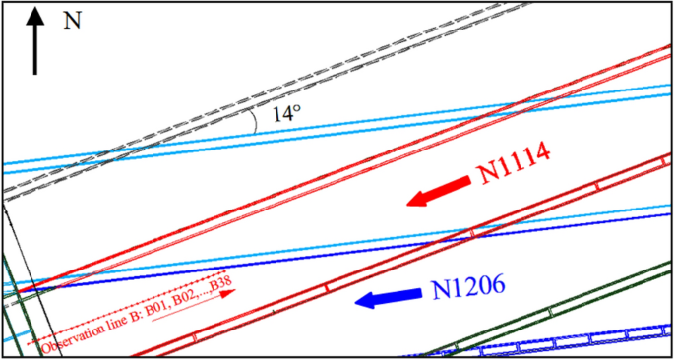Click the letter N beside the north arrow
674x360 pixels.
71,21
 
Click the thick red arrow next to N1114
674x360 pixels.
438,192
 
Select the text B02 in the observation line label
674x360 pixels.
180,299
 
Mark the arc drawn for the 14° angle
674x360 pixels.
255,120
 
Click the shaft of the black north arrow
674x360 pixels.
36,49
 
